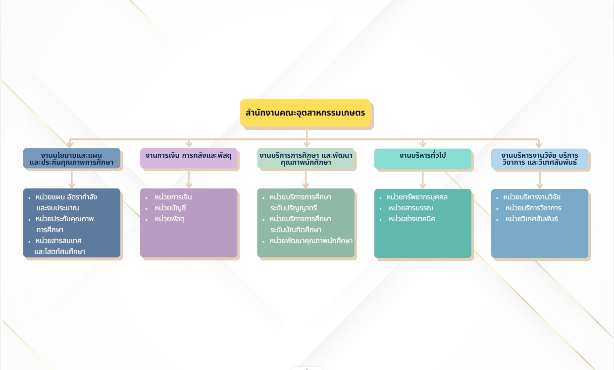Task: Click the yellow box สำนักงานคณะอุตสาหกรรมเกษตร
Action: pos(306,113)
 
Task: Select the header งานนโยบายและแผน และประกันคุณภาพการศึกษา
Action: pos(72,158)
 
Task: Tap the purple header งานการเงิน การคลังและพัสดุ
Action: pos(189,158)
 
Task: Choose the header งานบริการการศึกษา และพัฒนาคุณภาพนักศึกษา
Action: pos(306,158)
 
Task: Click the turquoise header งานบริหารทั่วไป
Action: pos(423,159)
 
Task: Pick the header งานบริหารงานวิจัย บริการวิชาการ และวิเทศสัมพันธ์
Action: pos(540,159)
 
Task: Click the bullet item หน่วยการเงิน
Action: pos(173,197)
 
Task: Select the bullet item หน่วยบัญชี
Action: pos(170,208)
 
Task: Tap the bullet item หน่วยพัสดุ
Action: pos(169,219)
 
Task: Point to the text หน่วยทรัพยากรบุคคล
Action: pos(417,197)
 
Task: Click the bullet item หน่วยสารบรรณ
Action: pos(411,208)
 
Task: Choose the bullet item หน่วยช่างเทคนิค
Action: pos(412,219)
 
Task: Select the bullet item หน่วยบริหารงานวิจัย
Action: pos(532,197)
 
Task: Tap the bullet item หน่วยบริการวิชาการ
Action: pos(533,208)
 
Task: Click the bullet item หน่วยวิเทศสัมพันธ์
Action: pos(532,219)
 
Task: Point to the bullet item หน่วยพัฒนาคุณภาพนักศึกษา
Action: pos(311,241)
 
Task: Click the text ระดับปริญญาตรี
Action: pos(294,208)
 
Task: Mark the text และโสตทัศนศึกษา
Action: pos(59,251)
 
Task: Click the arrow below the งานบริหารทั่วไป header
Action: pos(423,181)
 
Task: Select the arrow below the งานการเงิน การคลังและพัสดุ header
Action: pos(189,180)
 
